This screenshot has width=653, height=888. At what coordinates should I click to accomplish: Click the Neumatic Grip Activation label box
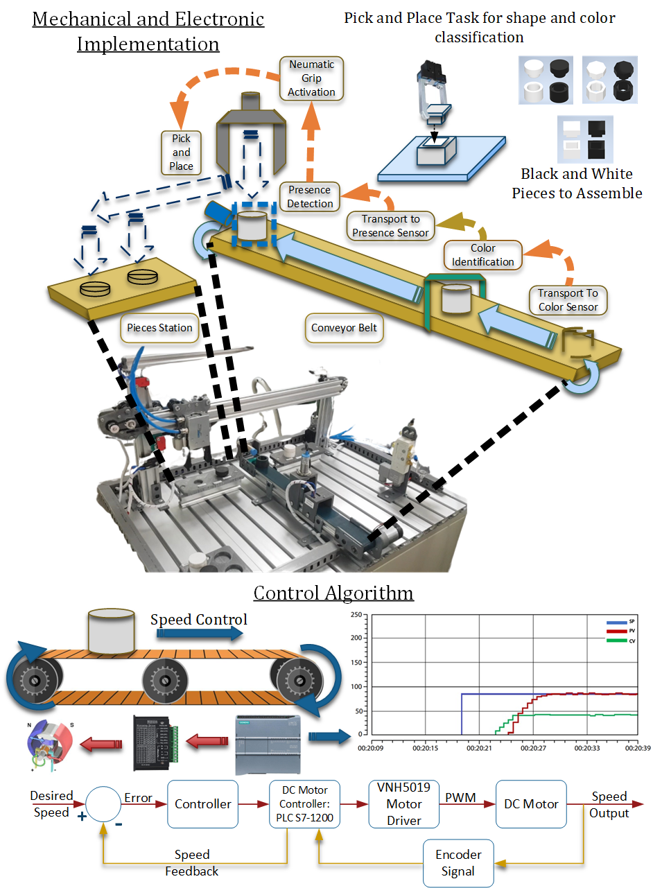point(312,78)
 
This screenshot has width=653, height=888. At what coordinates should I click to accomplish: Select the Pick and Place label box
point(182,152)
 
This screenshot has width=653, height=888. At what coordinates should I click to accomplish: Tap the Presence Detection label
point(310,197)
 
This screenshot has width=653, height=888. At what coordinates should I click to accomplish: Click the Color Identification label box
point(483,255)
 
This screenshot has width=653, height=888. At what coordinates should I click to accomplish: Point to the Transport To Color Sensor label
point(568,300)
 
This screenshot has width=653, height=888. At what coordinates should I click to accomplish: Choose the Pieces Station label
point(159,327)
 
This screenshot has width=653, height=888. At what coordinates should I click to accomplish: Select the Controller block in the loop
point(203,804)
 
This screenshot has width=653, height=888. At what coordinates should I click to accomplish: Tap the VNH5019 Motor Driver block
point(404,804)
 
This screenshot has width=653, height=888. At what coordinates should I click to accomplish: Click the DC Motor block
point(531,804)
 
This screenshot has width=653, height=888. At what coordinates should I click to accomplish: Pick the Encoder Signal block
point(458,863)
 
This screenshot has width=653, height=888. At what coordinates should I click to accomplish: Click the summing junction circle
point(104,804)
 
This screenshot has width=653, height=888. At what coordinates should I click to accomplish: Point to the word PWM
point(460,797)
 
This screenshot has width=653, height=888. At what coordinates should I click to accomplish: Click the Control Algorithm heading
point(333,593)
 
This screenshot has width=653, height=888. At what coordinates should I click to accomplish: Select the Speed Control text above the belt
point(198,619)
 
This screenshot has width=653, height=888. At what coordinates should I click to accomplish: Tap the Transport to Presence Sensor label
point(390,226)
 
